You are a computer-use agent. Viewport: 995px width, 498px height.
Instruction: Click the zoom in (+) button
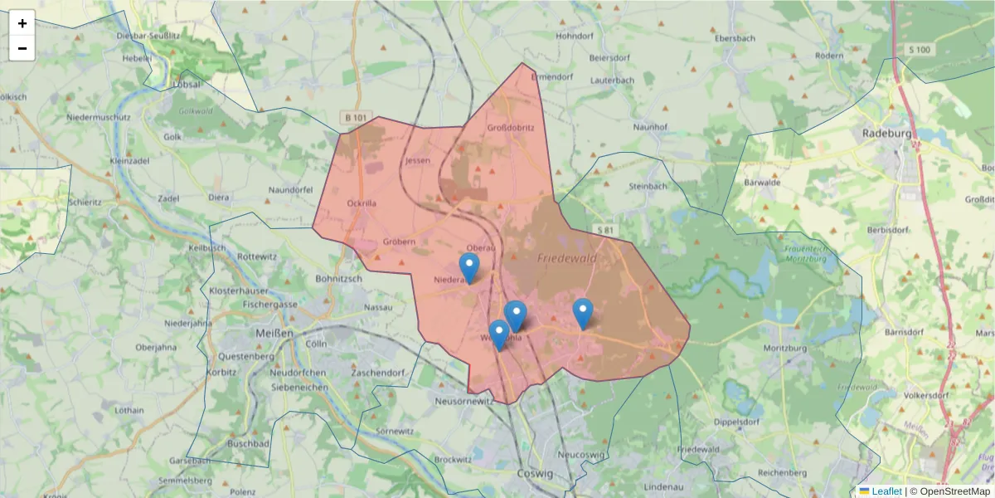22,23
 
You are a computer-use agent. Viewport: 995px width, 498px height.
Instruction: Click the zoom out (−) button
22,48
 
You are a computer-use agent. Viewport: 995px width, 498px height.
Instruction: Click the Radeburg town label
886,133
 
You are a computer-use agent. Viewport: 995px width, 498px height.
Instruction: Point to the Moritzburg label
784,349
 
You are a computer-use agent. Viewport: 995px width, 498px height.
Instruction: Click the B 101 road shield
354,118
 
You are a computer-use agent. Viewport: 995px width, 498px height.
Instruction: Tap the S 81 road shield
604,228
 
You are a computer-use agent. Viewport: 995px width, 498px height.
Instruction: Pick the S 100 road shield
920,50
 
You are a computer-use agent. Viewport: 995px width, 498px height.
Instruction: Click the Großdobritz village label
510,128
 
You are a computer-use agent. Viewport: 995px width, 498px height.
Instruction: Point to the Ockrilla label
362,202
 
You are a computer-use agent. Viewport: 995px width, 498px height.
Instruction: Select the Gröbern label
399,242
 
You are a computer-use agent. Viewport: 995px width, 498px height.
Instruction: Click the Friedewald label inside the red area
567,259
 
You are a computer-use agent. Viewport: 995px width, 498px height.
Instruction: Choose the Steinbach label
648,186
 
